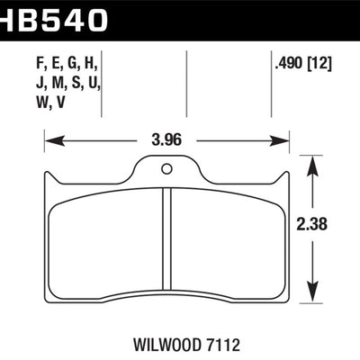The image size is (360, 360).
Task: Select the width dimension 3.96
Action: (x=166, y=140)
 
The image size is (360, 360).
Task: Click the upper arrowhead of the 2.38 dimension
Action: (x=311, y=162)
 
